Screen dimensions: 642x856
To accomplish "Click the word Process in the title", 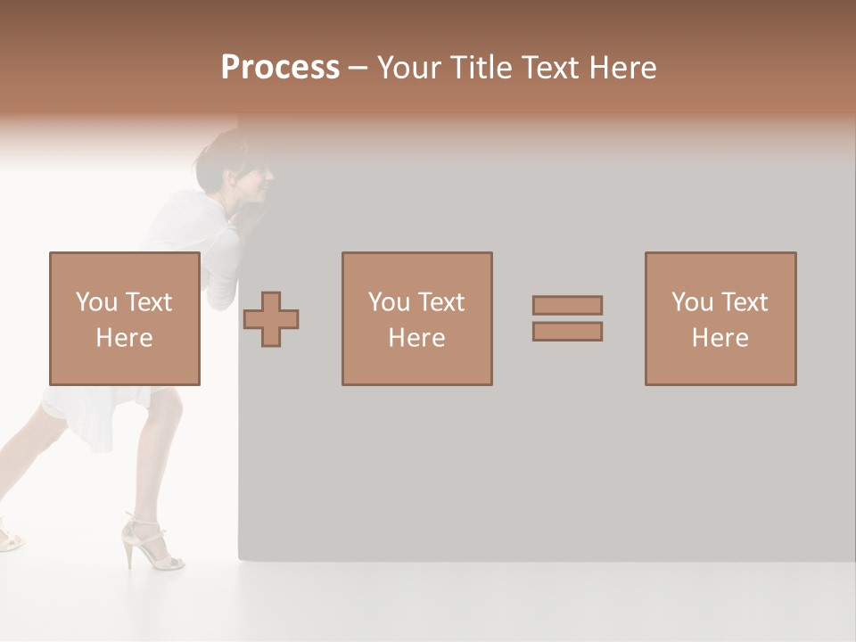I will tap(280, 68).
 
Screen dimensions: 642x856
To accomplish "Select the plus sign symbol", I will tap(272, 319).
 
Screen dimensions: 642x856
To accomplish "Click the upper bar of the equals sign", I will tap(567, 305).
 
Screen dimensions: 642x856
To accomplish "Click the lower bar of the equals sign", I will tap(567, 332).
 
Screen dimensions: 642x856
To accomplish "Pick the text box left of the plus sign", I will tap(125, 318).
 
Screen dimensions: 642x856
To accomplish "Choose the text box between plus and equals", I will tap(416, 318).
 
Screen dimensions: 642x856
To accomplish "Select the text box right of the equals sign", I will tap(720, 318).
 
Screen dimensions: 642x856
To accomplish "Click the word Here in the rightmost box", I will tap(720, 338).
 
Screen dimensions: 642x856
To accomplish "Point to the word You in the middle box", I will tap(389, 302).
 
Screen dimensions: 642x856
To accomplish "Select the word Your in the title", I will tap(409, 68).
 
